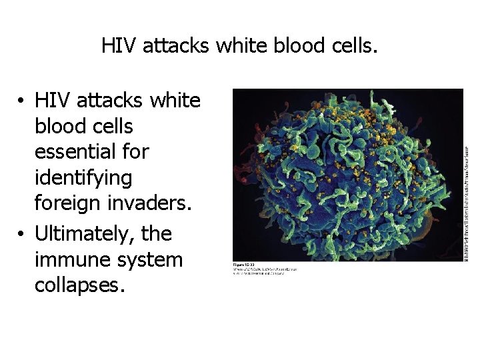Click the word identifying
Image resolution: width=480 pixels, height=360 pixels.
coord(83,178)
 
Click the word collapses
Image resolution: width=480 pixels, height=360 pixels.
coord(79,285)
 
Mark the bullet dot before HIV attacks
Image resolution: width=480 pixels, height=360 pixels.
coord(23,101)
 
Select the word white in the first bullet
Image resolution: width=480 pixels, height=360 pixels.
coord(176,100)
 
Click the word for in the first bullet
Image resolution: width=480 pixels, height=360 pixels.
coord(135,152)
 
